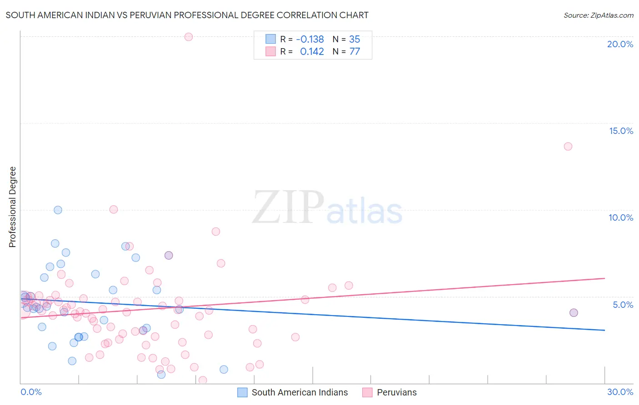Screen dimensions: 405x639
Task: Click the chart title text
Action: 187,15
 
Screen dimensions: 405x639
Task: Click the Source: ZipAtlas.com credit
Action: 598,15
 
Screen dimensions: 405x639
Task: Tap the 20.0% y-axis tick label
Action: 620,44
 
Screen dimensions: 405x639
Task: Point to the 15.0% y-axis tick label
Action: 621,131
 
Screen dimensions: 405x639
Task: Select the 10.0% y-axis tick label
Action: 621,217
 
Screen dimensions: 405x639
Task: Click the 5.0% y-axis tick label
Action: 623,305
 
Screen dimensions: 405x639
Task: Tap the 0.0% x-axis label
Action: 31,392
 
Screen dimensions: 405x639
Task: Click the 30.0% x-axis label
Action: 620,392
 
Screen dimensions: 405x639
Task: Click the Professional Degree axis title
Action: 12,207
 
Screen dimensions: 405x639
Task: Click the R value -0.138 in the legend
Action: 310,40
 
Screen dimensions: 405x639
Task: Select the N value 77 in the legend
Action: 354,52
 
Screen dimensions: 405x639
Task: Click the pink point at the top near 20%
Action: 189,37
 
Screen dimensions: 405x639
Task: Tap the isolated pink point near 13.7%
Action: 568,146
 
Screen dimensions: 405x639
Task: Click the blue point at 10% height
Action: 58,210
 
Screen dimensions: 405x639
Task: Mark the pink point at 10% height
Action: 114,209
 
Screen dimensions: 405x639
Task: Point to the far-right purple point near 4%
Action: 574,312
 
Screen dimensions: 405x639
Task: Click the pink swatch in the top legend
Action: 270,51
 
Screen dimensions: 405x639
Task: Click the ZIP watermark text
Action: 288,208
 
